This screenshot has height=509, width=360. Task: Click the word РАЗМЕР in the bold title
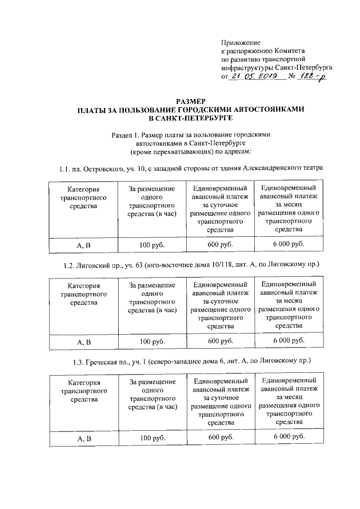tap(192, 101)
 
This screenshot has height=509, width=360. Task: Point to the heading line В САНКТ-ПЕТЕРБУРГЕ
tap(191, 119)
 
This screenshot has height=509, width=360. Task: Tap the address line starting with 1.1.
tap(191, 168)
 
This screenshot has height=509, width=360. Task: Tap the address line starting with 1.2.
tap(191, 264)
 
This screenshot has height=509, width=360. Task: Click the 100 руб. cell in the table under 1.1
tap(152, 246)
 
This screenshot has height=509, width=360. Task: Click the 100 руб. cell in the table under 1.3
tap(152, 438)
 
